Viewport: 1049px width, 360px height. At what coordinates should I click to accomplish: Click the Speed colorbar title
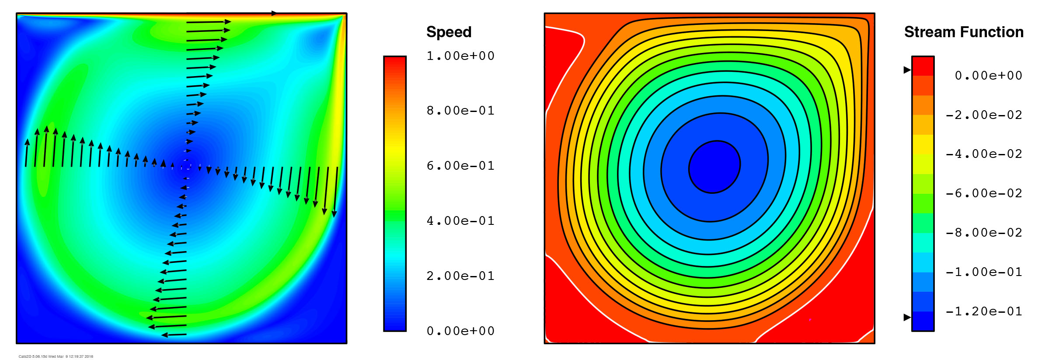(449, 32)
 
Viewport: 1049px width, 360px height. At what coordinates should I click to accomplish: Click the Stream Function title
(963, 32)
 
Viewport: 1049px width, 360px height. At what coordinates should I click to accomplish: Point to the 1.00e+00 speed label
(460, 56)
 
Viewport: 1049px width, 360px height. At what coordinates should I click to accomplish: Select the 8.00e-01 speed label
(460, 111)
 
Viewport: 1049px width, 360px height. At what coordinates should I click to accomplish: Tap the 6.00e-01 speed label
(460, 166)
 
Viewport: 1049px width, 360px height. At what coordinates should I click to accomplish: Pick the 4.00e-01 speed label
(460, 221)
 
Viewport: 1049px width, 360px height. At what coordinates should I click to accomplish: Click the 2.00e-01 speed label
(460, 276)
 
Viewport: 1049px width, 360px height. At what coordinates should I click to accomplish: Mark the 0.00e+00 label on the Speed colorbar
(460, 331)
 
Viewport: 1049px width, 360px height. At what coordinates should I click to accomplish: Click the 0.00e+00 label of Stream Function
(988, 76)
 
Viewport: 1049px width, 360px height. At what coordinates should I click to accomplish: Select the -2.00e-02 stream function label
(984, 115)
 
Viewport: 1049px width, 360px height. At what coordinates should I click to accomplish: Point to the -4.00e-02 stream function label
(984, 154)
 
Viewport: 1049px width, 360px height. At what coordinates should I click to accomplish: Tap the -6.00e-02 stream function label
(984, 193)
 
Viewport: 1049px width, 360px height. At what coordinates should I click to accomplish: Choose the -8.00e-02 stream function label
(984, 233)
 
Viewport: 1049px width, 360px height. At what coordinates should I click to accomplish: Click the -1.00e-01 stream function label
(984, 272)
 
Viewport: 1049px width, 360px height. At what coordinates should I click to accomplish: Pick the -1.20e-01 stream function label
(984, 311)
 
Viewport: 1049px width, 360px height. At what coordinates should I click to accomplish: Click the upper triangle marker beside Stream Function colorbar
(907, 70)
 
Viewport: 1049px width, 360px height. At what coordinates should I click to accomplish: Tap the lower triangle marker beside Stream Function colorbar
(907, 317)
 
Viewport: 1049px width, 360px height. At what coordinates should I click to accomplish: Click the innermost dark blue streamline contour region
(714, 167)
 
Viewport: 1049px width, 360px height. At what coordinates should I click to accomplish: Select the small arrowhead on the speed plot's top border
(274, 13)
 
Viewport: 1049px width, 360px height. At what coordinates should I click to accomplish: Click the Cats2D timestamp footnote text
(56, 357)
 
